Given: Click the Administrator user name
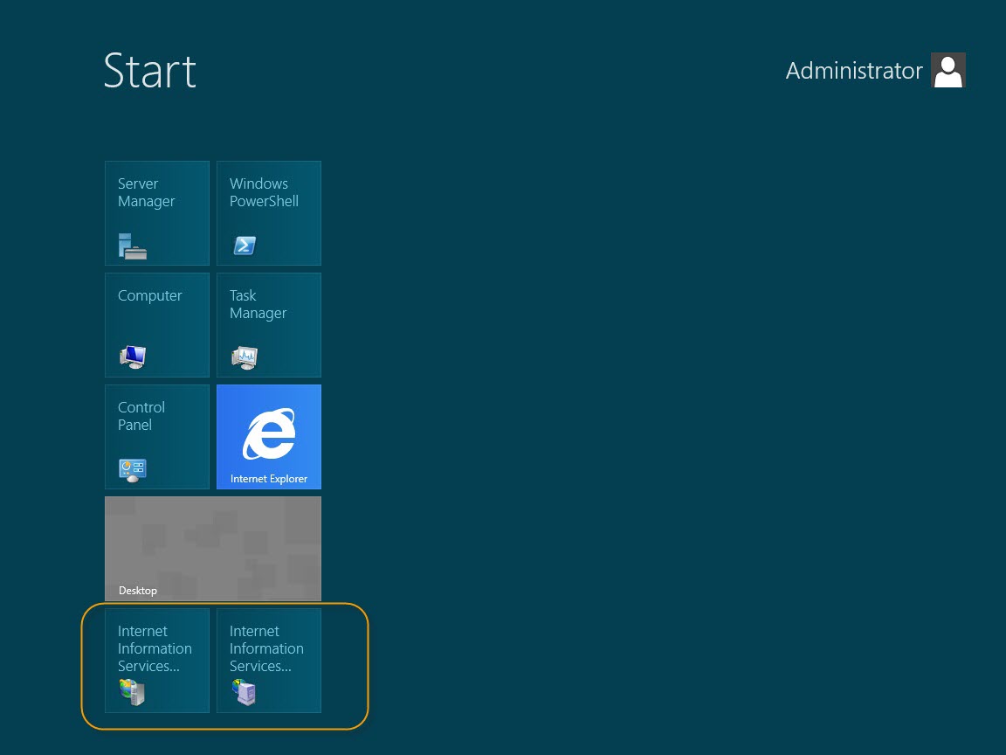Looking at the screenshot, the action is (854, 71).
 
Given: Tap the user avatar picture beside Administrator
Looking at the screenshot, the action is (948, 70).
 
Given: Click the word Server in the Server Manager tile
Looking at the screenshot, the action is (138, 184).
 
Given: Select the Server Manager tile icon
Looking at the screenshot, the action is (133, 246).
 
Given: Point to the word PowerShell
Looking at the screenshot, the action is (264, 201).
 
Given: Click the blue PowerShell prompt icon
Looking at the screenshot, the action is (245, 246).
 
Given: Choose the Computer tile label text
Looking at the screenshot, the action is (150, 296).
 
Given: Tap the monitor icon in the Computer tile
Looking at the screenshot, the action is (133, 357).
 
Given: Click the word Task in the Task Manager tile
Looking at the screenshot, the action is (243, 295).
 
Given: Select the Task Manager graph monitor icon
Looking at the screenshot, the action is (245, 357).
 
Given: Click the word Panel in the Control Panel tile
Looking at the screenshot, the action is (134, 425).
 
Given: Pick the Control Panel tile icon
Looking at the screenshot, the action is (133, 470).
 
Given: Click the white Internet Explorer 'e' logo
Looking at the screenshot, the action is (270, 433).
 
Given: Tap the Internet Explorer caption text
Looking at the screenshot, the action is (269, 479).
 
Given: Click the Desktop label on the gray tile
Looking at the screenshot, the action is (138, 591).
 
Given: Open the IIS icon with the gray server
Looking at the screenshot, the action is (132, 692).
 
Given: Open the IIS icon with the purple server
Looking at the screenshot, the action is (245, 692).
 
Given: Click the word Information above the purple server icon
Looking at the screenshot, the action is (266, 648).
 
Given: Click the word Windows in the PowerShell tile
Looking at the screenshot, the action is (258, 184).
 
